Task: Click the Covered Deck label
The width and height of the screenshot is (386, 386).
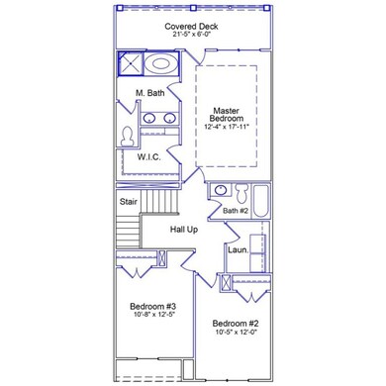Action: click(x=191, y=27)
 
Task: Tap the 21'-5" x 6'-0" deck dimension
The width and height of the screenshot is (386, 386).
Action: click(x=191, y=35)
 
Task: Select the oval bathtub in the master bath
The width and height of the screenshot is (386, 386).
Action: click(x=160, y=63)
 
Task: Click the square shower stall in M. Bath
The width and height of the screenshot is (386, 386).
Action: click(x=131, y=63)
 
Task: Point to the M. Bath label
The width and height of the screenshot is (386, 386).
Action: click(x=150, y=93)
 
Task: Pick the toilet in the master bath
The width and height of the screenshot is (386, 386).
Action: click(x=128, y=137)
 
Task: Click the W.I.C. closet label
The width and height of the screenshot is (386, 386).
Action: click(x=149, y=157)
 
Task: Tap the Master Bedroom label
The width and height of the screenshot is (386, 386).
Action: click(x=227, y=115)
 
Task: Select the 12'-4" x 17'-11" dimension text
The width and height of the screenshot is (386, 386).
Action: click(x=227, y=127)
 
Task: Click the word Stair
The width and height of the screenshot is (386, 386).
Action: click(x=129, y=202)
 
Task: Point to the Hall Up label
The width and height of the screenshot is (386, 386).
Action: click(x=184, y=230)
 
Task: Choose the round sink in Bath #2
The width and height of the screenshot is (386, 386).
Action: click(x=220, y=190)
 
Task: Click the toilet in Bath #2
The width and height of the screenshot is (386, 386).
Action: click(x=241, y=193)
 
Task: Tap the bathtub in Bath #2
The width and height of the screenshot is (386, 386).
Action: click(x=260, y=201)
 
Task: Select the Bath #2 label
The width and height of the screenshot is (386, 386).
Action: click(x=236, y=211)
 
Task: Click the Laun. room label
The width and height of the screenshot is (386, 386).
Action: click(x=238, y=250)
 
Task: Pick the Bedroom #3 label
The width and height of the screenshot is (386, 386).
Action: click(x=154, y=307)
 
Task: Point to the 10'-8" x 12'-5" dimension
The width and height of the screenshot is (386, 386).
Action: click(x=154, y=315)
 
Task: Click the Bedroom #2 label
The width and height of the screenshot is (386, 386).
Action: click(x=237, y=324)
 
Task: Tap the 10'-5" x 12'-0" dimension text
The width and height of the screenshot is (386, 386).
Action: click(x=237, y=332)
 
